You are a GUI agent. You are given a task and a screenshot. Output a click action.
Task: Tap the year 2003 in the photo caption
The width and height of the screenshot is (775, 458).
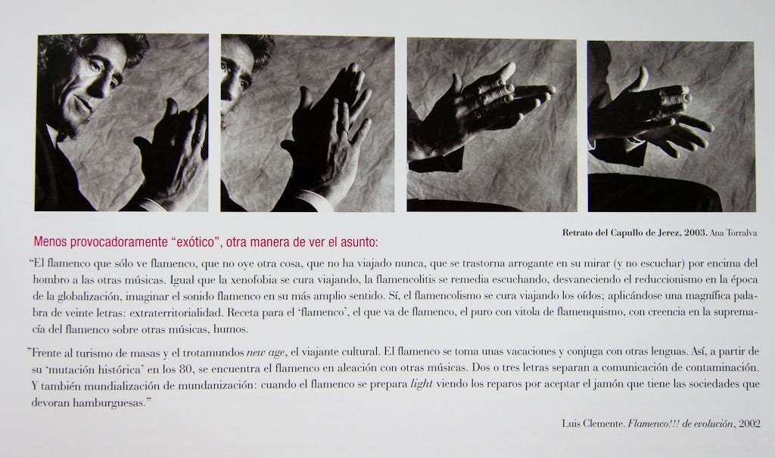tap(696, 232)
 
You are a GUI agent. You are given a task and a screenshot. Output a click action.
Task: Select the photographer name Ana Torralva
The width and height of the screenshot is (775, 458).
tap(733, 233)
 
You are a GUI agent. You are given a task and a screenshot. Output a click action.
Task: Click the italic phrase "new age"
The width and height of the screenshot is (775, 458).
tap(266, 353)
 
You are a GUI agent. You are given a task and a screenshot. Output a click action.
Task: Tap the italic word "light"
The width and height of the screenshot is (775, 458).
tap(422, 384)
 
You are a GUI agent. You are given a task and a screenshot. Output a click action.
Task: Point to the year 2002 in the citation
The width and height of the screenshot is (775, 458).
tap(749, 423)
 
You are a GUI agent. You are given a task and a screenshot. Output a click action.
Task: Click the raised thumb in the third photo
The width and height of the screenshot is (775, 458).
tap(456, 83)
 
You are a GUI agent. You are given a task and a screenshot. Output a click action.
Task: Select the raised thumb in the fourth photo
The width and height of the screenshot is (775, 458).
tap(640, 79)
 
